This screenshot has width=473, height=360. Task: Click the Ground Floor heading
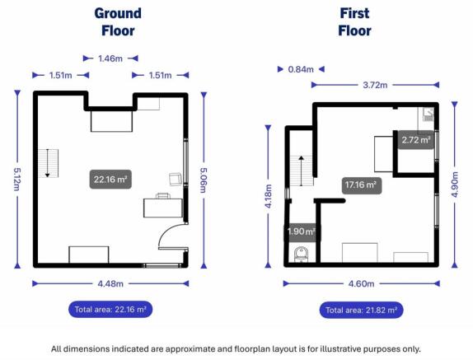click(x=118, y=22)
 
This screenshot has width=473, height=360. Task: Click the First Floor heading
click(x=354, y=22)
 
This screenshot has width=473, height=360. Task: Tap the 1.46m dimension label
click(x=110, y=58)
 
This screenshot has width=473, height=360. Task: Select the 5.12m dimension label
click(x=16, y=179)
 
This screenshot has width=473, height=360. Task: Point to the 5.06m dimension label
click(x=204, y=180)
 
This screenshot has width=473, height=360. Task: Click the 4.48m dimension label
click(x=110, y=283)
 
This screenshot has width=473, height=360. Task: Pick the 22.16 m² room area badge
click(x=110, y=180)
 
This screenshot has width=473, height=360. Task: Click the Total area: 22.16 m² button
click(x=110, y=310)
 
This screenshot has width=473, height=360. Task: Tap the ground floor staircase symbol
click(x=49, y=163)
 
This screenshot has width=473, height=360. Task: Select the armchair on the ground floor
click(x=176, y=180)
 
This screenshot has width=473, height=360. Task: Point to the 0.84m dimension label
click(x=301, y=70)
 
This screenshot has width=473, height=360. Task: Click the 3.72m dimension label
click(x=375, y=85)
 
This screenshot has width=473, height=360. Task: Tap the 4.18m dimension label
click(x=268, y=196)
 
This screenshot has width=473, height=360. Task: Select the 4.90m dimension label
click(x=455, y=185)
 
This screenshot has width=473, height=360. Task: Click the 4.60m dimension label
click(x=361, y=283)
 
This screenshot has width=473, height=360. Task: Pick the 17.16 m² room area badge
click(x=362, y=185)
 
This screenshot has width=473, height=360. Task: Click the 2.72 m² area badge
click(x=415, y=140)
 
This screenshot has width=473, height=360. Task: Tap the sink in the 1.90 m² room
click(x=301, y=255)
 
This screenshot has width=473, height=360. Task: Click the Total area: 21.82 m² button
click(x=361, y=310)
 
